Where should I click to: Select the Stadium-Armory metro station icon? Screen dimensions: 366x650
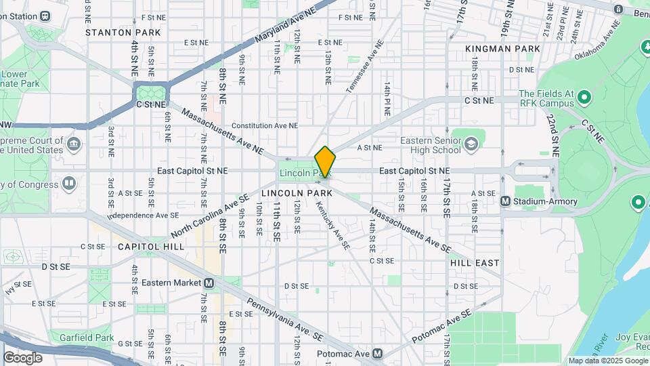tap(505, 201)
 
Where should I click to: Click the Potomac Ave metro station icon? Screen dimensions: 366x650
tap(378, 354)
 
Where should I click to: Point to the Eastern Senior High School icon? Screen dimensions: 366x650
tap(471, 144)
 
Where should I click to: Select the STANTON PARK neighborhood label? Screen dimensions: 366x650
tap(123, 32)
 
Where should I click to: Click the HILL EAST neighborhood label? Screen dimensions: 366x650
tap(475, 262)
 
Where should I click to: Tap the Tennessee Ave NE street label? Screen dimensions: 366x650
tap(360, 71)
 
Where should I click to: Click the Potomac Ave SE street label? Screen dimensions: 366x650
tap(441, 327)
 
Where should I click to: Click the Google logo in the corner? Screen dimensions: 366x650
tap(23, 357)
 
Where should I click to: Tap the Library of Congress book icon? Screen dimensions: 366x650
tap(68, 183)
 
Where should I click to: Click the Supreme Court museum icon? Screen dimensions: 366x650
tap(74, 144)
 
